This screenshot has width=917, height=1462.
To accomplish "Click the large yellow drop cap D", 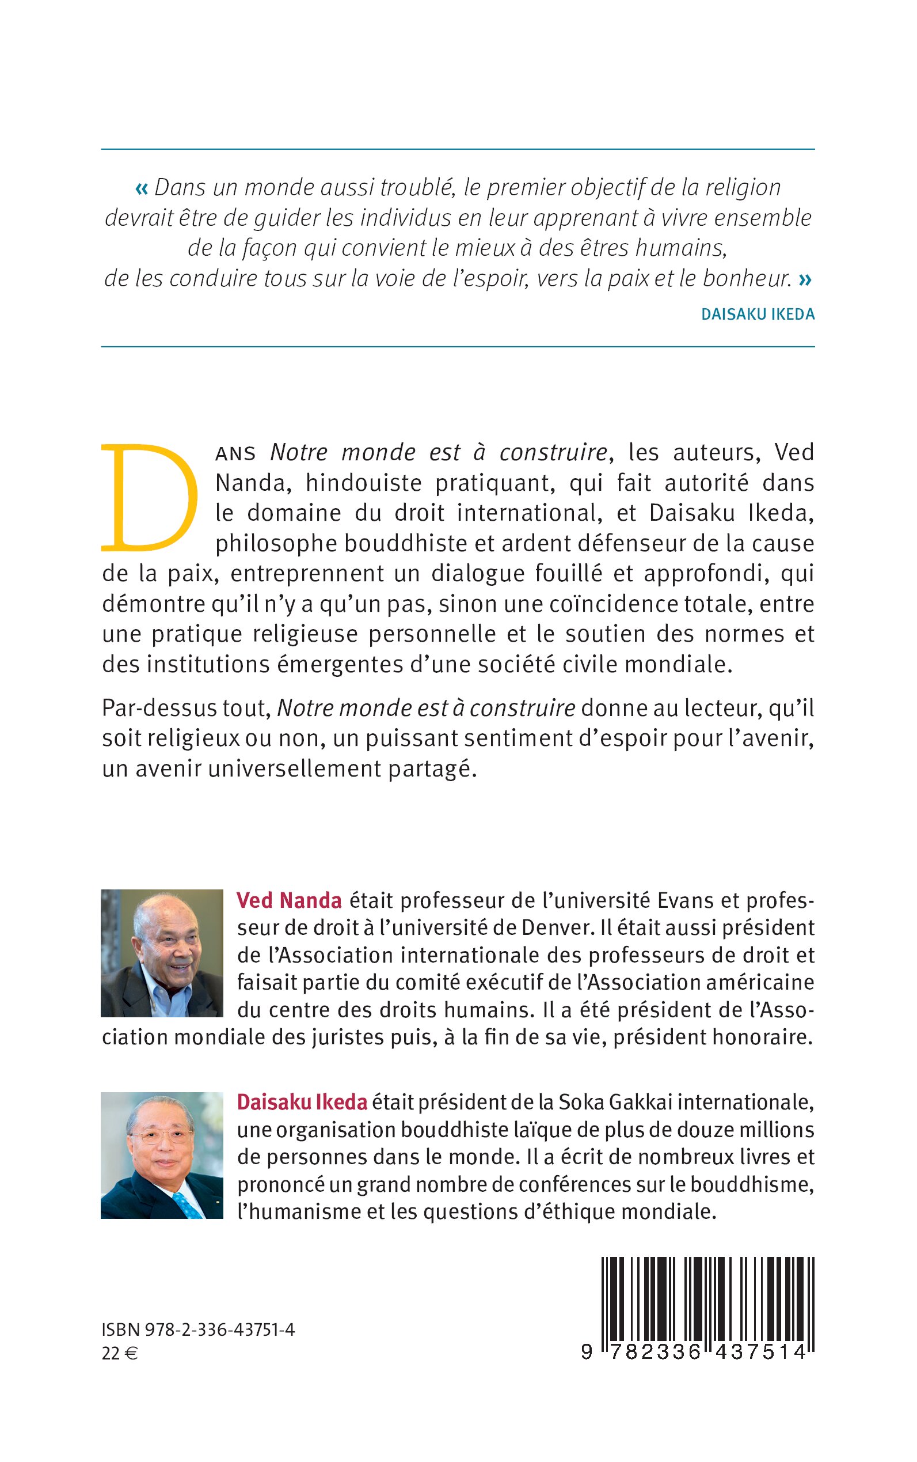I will [149, 498].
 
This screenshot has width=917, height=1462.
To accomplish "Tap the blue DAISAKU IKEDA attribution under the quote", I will [758, 315].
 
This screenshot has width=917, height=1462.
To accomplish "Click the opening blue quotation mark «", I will [141, 188].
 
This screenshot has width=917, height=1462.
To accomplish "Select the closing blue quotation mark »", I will [805, 279].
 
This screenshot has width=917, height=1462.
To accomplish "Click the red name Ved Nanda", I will [290, 900].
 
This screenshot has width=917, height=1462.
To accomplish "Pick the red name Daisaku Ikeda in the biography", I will [302, 1102].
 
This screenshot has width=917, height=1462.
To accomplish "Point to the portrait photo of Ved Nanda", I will [162, 953].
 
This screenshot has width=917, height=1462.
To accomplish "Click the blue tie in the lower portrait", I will [188, 1205].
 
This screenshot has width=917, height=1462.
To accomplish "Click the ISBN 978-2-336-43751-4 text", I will [199, 1330].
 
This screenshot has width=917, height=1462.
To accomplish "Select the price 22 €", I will [120, 1354].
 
